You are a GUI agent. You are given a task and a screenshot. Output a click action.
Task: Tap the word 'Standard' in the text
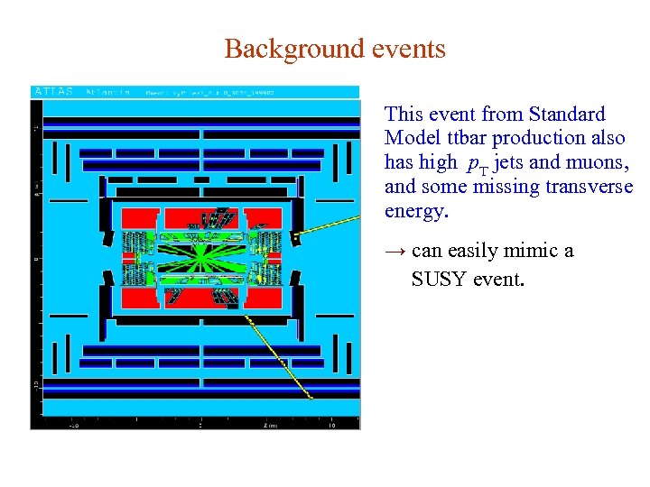tap(567, 115)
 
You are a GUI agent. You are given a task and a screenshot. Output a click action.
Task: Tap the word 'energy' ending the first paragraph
tap(413, 211)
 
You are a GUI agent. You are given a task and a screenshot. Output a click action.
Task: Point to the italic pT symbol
tap(478, 165)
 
